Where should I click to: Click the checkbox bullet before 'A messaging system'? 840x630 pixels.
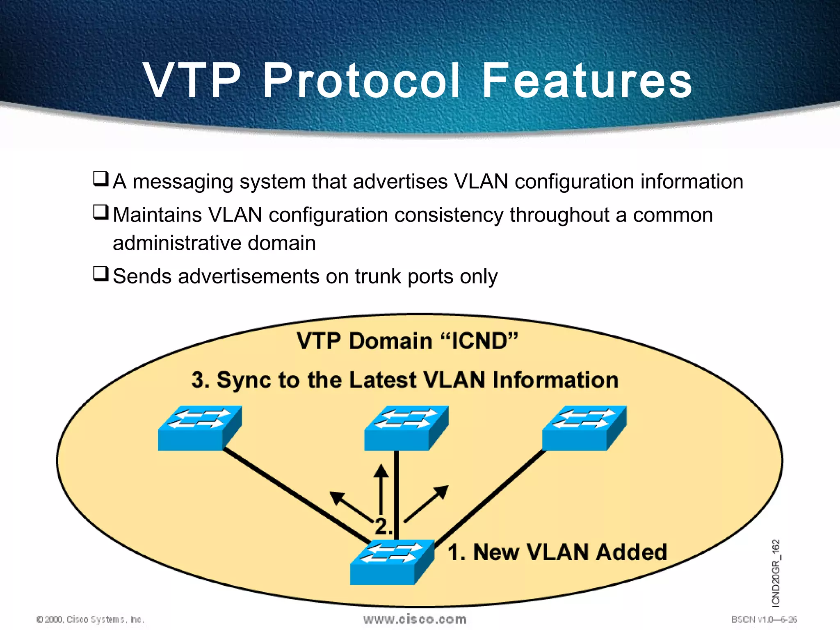[101, 179]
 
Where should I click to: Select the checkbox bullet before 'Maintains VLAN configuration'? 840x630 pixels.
[101, 212]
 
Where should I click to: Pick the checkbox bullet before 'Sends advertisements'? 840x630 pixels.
[101, 274]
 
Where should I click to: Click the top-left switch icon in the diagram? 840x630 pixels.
[200, 428]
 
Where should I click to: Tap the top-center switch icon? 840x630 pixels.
[406, 428]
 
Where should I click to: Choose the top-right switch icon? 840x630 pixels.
[584, 428]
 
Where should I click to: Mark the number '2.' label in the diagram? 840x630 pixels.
[383, 526]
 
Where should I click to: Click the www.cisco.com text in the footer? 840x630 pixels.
[415, 619]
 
